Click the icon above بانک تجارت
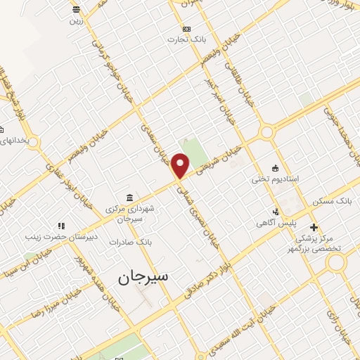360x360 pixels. [x=186, y=29]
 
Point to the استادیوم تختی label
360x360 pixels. [x=276, y=179]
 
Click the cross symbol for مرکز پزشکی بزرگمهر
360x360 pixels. [x=314, y=226]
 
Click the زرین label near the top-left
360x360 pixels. [x=76, y=20]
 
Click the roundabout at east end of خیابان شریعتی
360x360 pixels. [x=267, y=131]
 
